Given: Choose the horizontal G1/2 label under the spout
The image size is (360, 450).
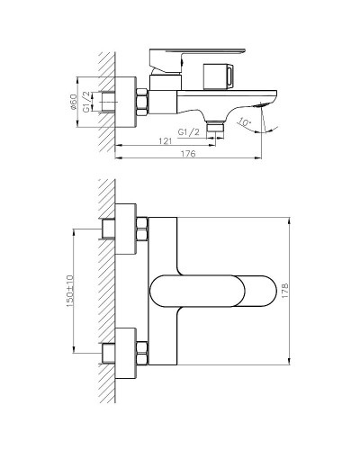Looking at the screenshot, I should pos(189,131).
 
